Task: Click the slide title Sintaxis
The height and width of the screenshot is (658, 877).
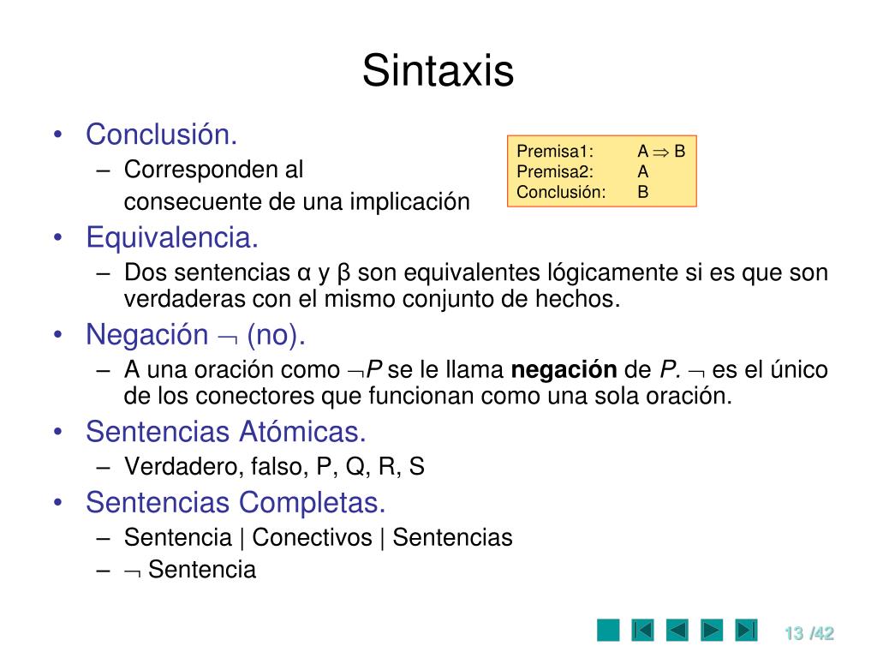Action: click(438, 71)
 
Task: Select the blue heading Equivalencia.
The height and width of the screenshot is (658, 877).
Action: click(172, 236)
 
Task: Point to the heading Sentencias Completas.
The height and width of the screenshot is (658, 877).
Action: click(236, 502)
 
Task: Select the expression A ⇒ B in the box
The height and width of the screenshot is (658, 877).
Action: click(661, 152)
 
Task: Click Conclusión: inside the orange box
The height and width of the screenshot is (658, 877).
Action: click(561, 191)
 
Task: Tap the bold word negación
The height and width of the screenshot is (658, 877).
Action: click(564, 370)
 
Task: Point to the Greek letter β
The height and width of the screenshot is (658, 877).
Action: click(345, 273)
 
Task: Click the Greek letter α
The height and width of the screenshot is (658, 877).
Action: click(303, 273)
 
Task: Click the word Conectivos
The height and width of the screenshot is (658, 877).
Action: click(313, 537)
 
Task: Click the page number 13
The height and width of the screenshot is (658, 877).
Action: click(793, 633)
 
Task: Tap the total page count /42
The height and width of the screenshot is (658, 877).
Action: click(821, 633)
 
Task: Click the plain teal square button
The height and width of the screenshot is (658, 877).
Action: click(608, 631)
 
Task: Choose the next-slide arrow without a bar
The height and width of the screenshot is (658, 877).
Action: click(712, 631)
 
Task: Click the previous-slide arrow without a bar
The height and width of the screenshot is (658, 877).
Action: click(677, 631)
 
